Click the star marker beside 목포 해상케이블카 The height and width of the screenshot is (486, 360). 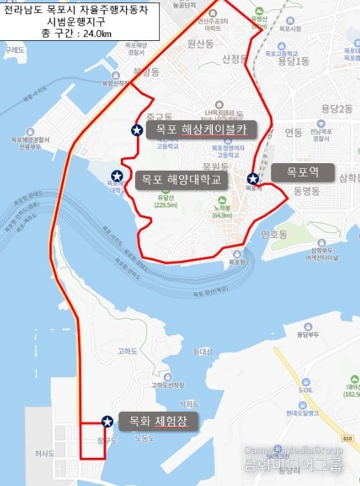coord(136,130)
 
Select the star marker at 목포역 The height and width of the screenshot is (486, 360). coord(253,178)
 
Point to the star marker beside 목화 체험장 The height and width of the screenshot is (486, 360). coord(107,421)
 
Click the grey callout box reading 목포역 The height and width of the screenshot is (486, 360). coord(302,172)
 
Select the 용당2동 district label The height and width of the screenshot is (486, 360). coord(338,109)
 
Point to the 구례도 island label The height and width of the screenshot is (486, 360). coord(13,49)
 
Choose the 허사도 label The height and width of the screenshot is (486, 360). coord(45,453)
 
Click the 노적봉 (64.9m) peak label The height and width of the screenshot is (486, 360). coord(222,212)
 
